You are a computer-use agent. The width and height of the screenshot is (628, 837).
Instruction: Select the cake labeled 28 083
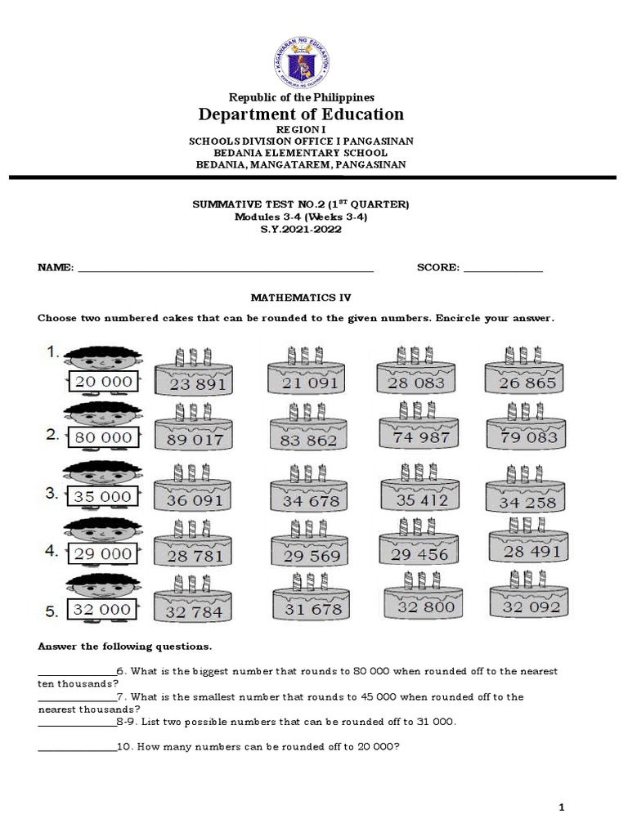[417, 375]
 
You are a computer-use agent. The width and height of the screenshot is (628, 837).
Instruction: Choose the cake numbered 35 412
[421, 492]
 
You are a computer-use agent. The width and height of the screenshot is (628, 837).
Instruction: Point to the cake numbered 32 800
[421, 601]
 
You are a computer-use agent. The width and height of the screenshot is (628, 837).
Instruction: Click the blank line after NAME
[225, 269]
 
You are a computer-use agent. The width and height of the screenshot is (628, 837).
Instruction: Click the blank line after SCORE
[503, 269]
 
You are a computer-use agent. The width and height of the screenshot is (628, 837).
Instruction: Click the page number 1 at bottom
[562, 808]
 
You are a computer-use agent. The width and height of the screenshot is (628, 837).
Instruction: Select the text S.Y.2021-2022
[302, 230]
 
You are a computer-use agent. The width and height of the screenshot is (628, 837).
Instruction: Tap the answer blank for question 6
[77, 671]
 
